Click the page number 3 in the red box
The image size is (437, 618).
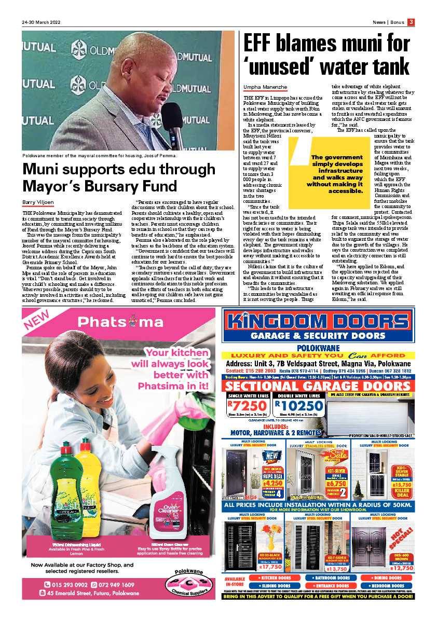point(411,22)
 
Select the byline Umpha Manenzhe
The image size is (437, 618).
point(265,87)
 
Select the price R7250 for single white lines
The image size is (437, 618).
point(246,406)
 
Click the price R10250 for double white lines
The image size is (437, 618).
point(298,406)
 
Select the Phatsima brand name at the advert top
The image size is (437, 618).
point(124,322)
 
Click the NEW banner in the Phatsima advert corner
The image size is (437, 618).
point(39,321)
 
